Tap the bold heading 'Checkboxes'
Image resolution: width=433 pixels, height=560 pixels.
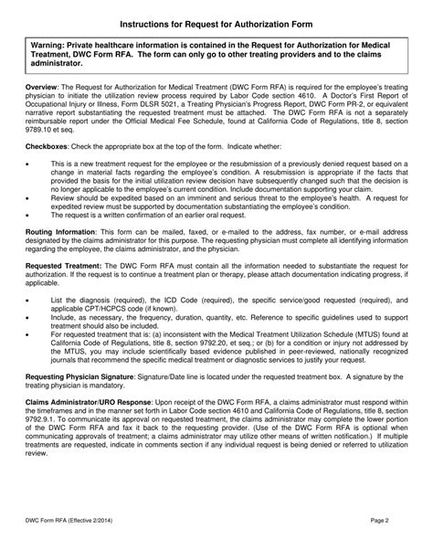click(x=48, y=146)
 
